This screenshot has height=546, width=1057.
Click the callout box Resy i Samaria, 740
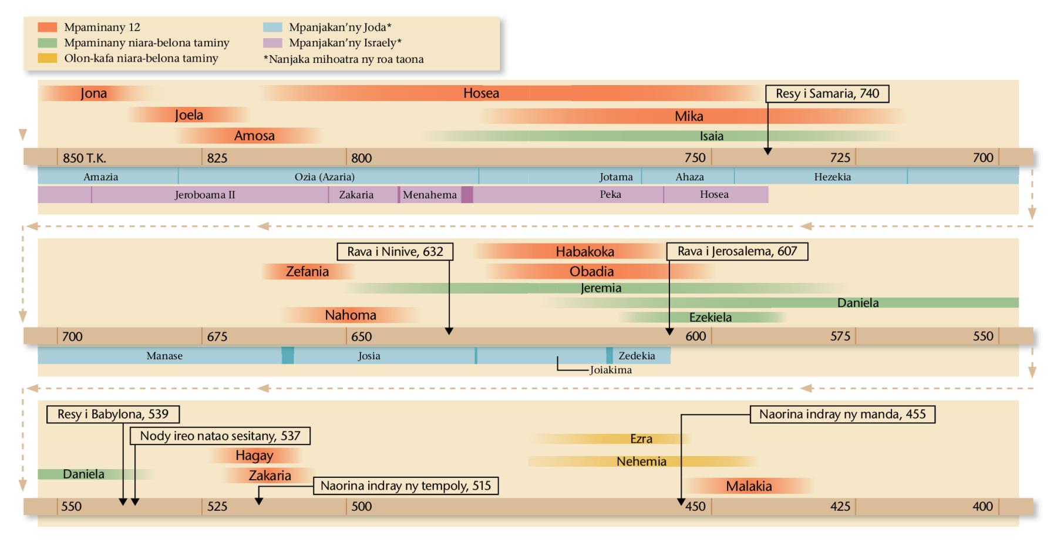[827, 94]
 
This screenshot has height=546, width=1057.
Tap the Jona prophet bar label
[94, 93]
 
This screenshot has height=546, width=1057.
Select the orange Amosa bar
[254, 136]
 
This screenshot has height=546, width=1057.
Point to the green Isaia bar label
[711, 136]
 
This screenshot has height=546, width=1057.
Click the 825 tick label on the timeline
[217, 158]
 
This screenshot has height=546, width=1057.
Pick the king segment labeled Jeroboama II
[205, 195]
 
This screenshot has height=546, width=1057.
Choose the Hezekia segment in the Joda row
[832, 177]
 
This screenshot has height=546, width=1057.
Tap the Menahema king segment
[429, 195]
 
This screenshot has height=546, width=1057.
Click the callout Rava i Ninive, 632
[395, 252]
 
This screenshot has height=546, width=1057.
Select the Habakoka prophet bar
[585, 252]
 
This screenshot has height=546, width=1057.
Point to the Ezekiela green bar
[710, 318]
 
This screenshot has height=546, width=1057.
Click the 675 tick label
[217, 337]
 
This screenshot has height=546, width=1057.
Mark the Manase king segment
[164, 356]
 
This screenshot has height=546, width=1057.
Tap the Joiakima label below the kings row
[611, 370]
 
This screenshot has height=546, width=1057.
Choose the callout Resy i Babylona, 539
[113, 414]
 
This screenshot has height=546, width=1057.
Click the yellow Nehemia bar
[641, 461]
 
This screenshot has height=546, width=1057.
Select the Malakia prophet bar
[749, 486]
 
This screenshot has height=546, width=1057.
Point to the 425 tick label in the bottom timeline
[840, 507]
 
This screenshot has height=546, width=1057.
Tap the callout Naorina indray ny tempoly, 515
[405, 486]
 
